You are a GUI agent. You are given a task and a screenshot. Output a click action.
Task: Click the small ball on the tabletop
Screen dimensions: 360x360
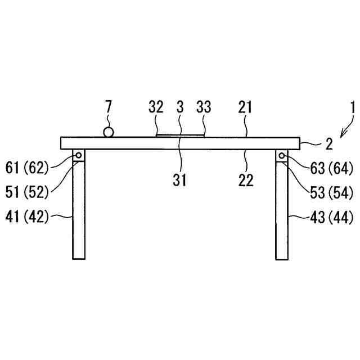click(108, 132)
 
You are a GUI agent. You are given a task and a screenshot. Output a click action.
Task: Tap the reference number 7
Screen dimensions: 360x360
click(108, 107)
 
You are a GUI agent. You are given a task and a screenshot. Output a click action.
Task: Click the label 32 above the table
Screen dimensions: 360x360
click(156, 107)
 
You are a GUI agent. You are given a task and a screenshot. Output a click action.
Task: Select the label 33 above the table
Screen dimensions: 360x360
click(204, 107)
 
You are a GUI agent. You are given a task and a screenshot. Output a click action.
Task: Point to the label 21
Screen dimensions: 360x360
click(246, 107)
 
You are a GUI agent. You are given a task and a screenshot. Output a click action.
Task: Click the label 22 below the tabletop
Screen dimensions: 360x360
click(246, 180)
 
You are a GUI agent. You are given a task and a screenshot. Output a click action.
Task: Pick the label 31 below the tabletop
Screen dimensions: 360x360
click(179, 180)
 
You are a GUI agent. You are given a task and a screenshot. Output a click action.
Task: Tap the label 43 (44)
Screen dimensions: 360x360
click(332, 217)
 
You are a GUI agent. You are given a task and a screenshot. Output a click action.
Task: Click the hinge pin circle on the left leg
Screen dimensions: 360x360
click(79, 155)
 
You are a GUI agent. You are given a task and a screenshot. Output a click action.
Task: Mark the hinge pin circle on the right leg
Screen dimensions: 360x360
click(281, 155)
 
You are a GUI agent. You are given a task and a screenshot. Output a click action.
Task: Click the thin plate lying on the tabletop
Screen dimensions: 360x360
click(179, 135)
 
